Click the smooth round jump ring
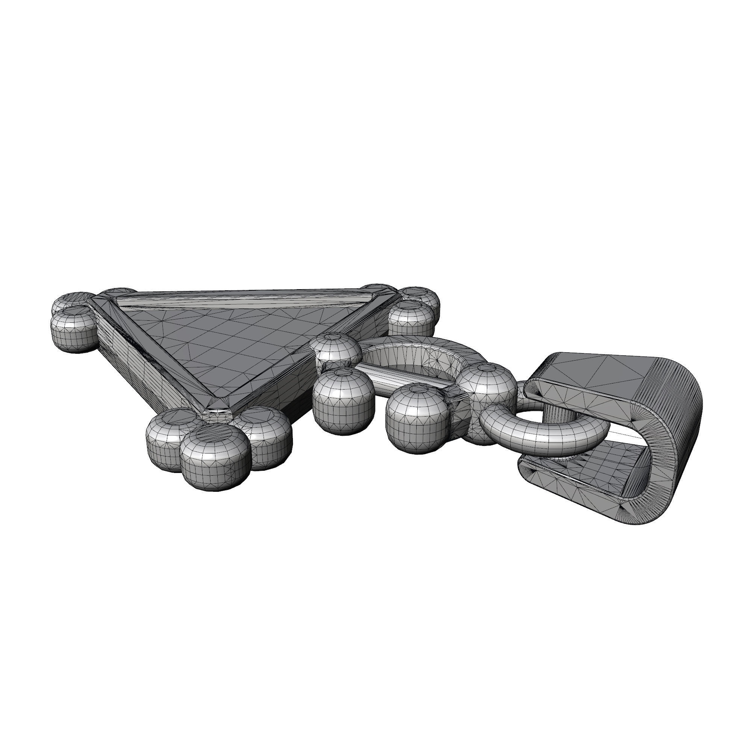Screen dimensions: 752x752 tap(545, 436)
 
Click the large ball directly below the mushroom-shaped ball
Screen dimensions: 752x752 tap(343, 401)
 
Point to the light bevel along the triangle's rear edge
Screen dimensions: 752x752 tap(241, 300)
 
